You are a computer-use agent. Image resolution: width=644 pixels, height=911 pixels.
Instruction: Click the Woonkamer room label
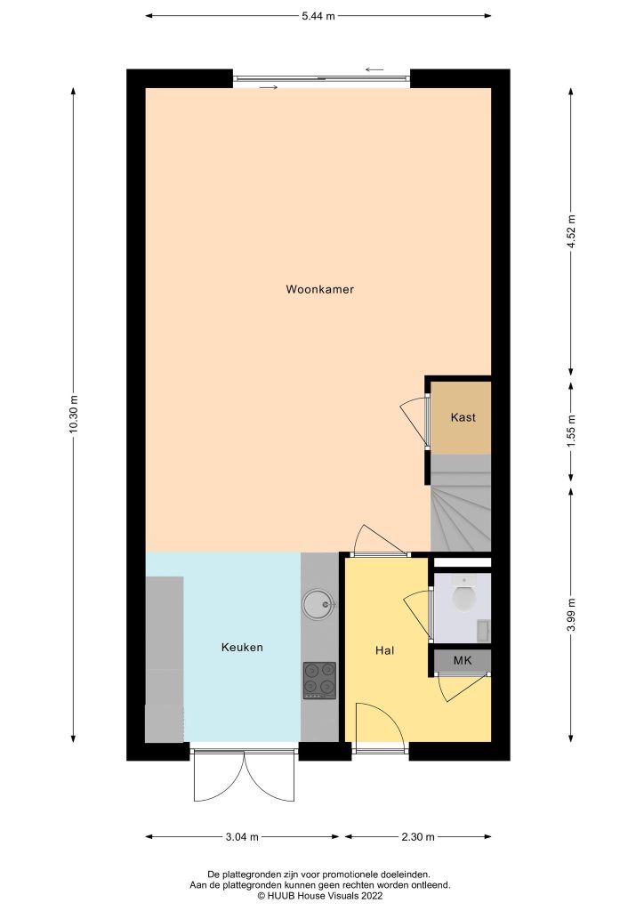[319, 289]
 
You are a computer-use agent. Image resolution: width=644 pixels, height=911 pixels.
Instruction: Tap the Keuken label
[242, 647]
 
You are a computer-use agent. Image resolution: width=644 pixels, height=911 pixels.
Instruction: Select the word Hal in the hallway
[384, 650]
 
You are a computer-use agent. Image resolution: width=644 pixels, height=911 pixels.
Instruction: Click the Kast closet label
[463, 417]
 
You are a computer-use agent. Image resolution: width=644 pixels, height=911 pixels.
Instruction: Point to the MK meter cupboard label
[463, 660]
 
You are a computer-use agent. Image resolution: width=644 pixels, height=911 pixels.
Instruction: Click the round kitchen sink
[318, 604]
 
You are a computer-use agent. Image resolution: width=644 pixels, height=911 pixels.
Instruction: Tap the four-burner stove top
[319, 681]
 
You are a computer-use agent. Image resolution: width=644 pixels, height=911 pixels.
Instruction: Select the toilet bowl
[464, 595]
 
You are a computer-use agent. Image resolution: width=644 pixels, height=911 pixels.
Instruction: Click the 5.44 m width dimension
[318, 16]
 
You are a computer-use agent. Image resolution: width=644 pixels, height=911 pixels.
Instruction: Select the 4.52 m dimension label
[571, 231]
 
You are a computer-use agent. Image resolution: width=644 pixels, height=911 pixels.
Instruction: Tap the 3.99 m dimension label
[571, 615]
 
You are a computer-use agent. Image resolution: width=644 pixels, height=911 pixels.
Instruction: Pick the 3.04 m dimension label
[242, 837]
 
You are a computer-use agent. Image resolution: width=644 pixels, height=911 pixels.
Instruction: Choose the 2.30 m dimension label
[418, 837]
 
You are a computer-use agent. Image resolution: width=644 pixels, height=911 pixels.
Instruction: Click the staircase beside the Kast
[461, 504]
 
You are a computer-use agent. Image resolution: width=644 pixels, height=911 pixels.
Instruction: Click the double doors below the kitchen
[244, 776]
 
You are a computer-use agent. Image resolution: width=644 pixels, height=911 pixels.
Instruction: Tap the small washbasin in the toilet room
[483, 630]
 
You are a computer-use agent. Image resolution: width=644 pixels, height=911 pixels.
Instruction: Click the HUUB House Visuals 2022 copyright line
[320, 895]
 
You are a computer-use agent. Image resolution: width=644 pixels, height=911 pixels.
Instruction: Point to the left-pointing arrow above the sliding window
[374, 70]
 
